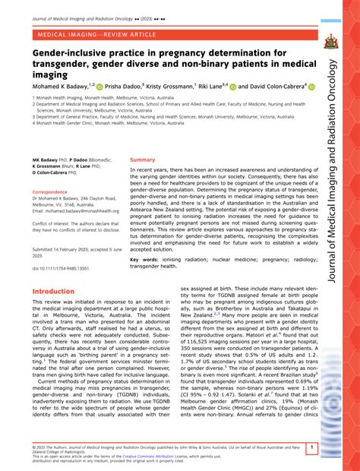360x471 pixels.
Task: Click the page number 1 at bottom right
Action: (312, 448)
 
